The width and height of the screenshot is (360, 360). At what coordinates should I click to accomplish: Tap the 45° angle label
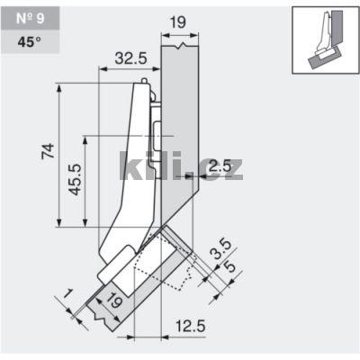[24, 40]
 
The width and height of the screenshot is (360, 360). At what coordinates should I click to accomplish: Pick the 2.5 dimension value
[219, 165]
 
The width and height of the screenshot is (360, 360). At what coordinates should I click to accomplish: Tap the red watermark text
[180, 166]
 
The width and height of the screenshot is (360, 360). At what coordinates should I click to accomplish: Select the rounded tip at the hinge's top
[142, 83]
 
